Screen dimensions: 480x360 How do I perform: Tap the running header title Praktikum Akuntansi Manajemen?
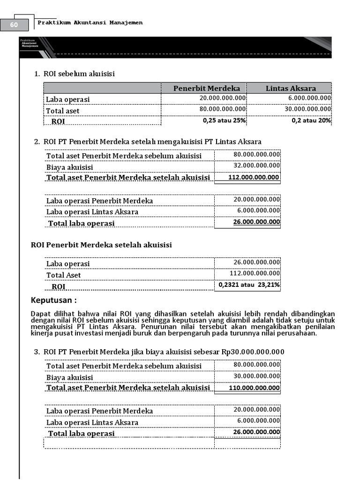[x=90, y=22]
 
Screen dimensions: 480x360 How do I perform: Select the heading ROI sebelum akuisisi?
[x=79, y=74]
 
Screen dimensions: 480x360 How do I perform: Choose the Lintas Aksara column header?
[x=291, y=88]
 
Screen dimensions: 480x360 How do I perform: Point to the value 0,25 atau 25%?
[x=225, y=120]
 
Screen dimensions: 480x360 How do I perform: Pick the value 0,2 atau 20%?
[x=311, y=120]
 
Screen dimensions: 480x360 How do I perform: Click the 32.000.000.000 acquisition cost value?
[x=257, y=165]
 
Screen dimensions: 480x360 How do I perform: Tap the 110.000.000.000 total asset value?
[x=254, y=388]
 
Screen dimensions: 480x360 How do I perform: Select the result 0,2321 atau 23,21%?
[x=249, y=285]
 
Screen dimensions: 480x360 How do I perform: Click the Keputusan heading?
[x=53, y=300]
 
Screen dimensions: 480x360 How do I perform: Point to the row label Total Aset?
[x=63, y=275]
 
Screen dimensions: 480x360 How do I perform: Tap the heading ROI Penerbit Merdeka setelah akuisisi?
[x=101, y=245]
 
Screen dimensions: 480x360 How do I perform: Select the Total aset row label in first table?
[x=63, y=111]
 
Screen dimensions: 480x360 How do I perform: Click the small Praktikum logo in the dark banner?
[x=29, y=43]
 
